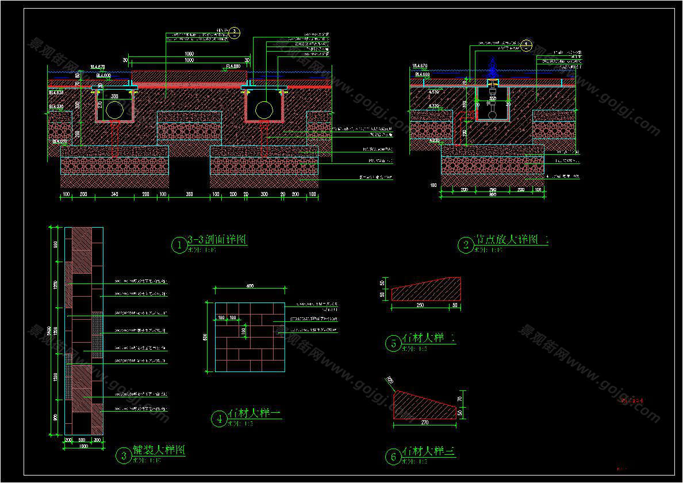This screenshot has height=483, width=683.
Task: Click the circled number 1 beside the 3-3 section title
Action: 179,246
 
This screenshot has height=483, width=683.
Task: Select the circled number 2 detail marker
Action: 465,246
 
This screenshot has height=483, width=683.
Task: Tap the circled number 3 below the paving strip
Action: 124,456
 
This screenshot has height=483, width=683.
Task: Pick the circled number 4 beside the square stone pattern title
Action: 219,419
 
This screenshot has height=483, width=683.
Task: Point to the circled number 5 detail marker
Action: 393,344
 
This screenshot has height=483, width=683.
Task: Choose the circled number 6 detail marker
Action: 393,457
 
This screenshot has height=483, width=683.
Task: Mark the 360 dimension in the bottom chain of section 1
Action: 189,195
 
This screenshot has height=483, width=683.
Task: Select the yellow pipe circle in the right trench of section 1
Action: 264,110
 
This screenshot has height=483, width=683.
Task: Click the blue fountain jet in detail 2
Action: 492,67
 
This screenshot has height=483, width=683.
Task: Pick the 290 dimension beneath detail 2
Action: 492,189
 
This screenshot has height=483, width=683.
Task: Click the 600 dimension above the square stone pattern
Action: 250,286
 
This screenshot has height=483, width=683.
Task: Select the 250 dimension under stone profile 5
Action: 420,305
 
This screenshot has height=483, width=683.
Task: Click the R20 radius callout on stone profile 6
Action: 389,380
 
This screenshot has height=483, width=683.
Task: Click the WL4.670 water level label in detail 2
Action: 420,66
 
